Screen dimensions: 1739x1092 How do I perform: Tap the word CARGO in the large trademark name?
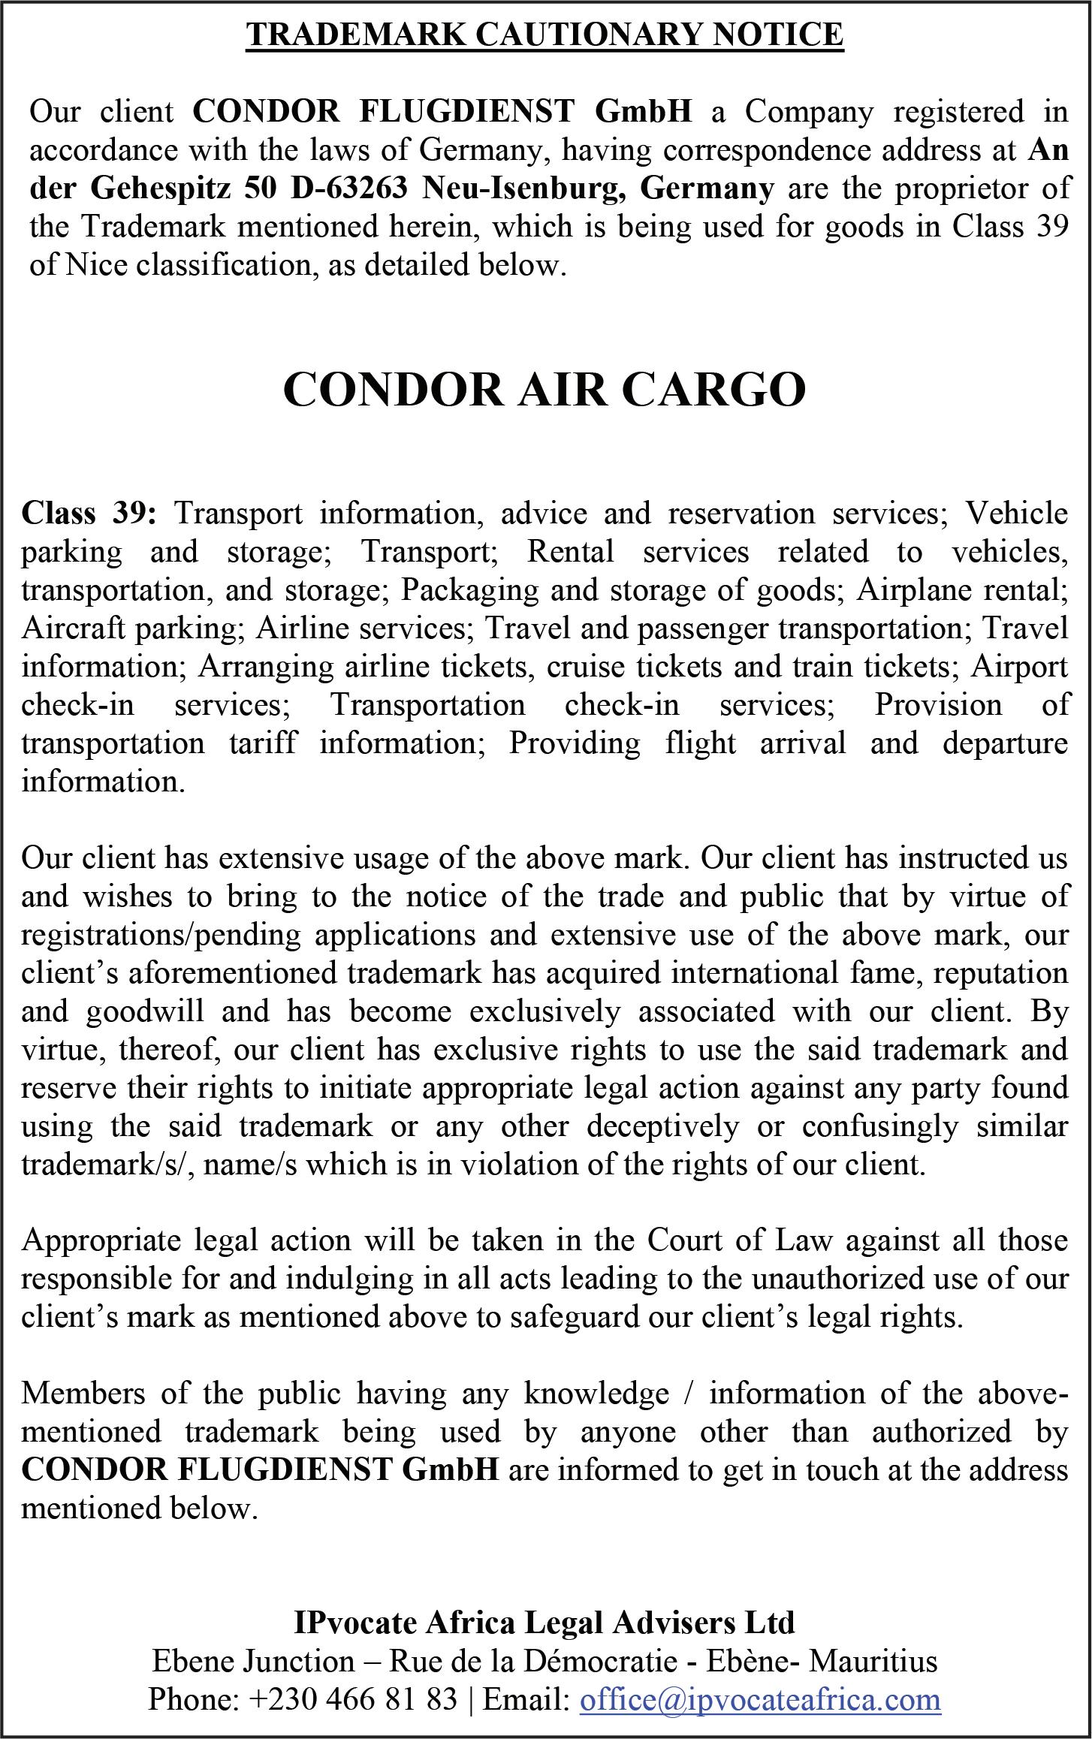coord(713,390)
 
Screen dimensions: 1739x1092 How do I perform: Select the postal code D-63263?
coord(349,188)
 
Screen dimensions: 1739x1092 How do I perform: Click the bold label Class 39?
coord(89,514)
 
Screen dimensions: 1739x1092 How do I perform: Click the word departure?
coord(1005,743)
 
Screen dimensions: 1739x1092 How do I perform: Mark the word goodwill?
coord(145,1011)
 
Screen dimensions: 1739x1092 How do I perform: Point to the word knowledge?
coord(597,1394)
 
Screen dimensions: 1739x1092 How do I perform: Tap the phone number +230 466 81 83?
coord(353,1698)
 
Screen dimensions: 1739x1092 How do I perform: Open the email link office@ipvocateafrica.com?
coord(759,1698)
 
